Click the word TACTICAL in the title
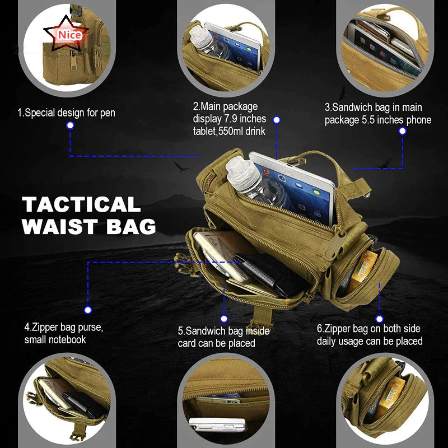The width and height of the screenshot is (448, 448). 81,204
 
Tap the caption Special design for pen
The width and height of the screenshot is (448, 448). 66,113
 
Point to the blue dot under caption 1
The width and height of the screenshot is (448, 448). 70,126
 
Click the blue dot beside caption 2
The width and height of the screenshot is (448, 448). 277,120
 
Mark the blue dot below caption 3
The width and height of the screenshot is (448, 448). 402,131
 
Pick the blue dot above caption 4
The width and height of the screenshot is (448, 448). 87,309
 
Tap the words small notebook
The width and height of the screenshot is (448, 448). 55,340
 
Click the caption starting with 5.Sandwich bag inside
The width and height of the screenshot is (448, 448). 223,331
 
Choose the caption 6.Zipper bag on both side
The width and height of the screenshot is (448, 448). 368,329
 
